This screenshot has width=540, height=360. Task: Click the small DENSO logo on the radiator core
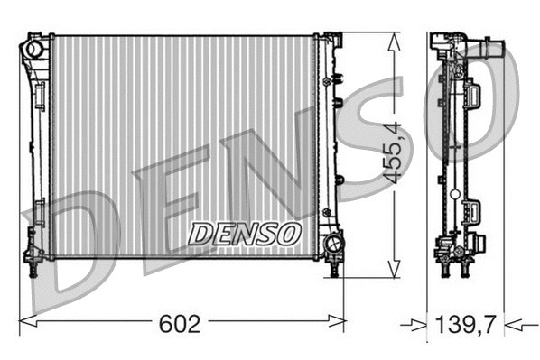pyautogui.click(x=244, y=234)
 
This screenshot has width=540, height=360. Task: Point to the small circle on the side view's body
pyautogui.click(x=452, y=191)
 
